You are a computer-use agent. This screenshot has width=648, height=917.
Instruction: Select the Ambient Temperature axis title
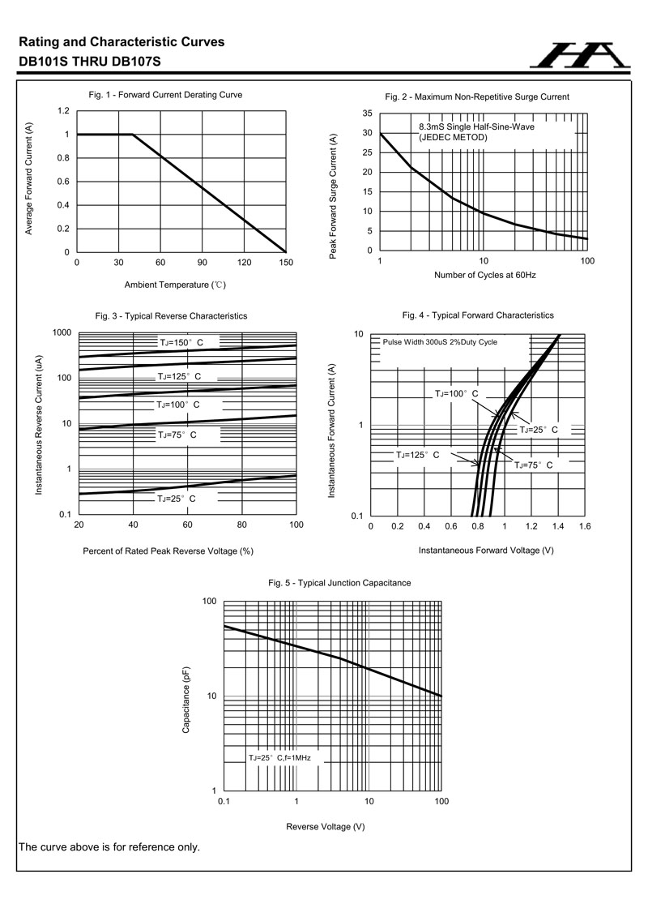tap(175, 285)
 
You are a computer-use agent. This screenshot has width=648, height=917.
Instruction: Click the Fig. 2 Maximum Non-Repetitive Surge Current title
tap(477, 96)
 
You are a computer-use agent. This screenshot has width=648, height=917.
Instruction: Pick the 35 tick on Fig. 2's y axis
tap(367, 114)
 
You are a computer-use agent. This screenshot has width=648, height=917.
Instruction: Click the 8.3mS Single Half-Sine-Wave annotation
tap(476, 127)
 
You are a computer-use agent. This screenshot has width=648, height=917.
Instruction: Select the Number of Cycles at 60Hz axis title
tap(485, 275)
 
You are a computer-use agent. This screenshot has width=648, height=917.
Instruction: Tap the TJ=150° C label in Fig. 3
tap(181, 343)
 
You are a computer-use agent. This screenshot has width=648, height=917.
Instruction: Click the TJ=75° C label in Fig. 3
tap(177, 435)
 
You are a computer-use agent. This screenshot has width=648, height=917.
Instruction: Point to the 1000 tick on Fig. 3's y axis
tap(62, 332)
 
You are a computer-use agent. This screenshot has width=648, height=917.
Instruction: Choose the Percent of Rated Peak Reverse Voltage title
tap(168, 551)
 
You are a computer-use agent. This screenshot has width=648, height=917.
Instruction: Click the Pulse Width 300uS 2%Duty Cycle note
tap(440, 342)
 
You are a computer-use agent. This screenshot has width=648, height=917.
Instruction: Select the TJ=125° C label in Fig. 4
tap(417, 455)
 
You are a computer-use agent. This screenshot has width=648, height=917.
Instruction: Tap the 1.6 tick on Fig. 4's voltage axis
tap(584, 526)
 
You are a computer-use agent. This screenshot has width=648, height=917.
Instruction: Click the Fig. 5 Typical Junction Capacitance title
tap(339, 583)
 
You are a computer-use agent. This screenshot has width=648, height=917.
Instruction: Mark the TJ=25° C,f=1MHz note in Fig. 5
tap(279, 757)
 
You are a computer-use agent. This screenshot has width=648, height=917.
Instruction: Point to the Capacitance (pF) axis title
tap(186, 701)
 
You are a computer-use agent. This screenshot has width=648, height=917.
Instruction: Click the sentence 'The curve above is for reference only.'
tap(109, 847)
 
